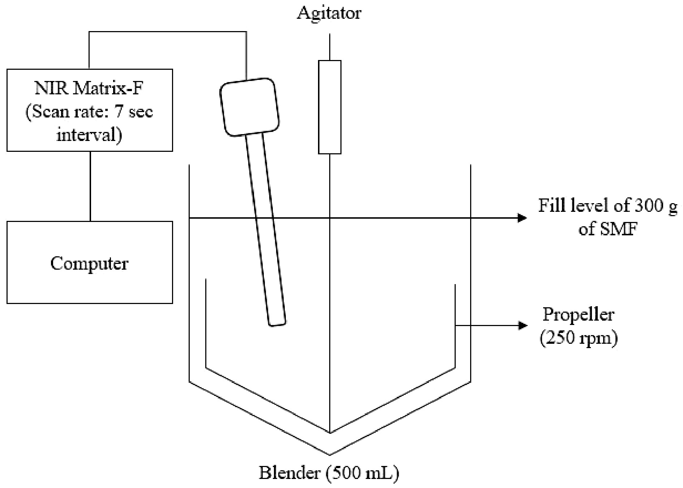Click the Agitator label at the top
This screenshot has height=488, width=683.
click(329, 13)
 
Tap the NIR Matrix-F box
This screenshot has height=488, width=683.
click(90, 110)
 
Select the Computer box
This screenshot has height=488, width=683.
click(90, 262)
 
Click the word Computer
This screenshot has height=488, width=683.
click(89, 264)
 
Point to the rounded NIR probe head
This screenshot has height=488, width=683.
click(250, 107)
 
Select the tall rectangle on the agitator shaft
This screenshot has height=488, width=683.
click(330, 107)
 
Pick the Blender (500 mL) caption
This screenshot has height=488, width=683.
click(329, 473)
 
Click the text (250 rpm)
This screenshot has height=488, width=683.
click(579, 339)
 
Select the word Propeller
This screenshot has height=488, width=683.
click(579, 314)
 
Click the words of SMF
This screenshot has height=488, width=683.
click(607, 229)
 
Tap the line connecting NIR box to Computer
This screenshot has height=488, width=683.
click(90, 186)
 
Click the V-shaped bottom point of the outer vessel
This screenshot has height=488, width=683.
click(330, 454)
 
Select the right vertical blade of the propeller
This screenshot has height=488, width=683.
click(455, 325)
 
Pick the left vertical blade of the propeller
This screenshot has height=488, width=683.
click(206, 324)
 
